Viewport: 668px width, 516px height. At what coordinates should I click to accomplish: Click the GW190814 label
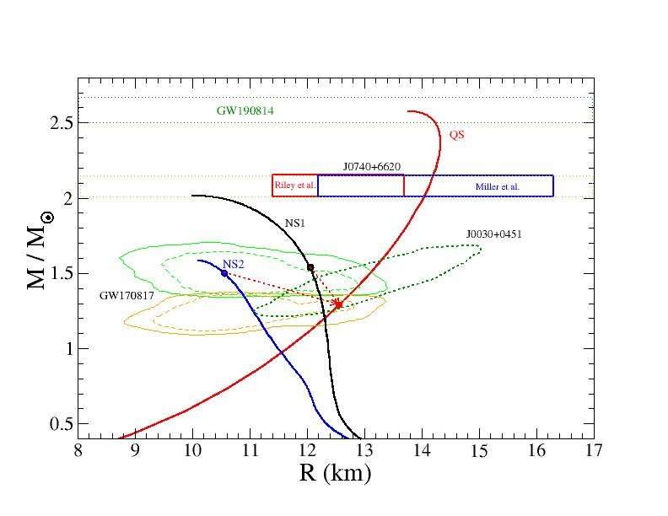tap(245, 110)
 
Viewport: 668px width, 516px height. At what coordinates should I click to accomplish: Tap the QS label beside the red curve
tap(456, 134)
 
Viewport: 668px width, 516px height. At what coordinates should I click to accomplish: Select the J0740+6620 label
tap(371, 167)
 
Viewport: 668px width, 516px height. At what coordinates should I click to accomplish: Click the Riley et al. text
tap(295, 185)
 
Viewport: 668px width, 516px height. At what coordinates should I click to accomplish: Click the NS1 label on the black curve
tap(294, 223)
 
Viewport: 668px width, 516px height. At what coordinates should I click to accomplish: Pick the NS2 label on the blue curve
tap(233, 265)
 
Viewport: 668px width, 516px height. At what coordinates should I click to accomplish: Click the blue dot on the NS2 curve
tap(224, 273)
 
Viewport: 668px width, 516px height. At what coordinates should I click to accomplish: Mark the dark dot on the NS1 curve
tap(310, 267)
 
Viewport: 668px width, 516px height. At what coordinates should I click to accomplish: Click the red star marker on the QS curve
tap(338, 304)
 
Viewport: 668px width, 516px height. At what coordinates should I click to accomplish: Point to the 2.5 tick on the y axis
tap(59, 123)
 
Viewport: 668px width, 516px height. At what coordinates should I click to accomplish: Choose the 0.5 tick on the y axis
tap(59, 424)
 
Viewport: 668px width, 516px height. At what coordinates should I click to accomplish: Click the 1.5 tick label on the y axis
tap(59, 274)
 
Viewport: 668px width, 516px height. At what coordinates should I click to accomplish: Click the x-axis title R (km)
tap(335, 474)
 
